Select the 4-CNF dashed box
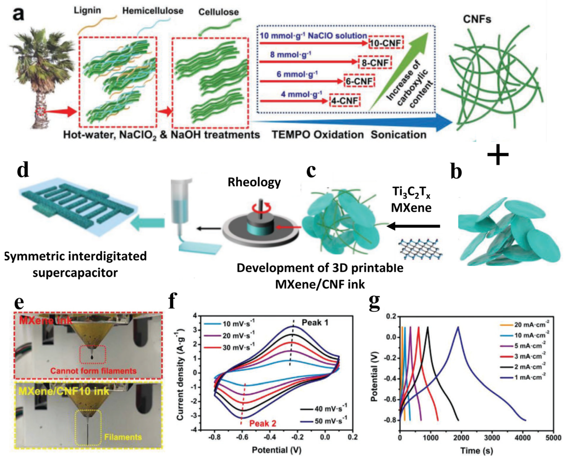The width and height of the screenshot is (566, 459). point(344,100)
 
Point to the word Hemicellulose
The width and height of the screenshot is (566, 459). point(153,11)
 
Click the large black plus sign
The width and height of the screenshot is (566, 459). point(498,155)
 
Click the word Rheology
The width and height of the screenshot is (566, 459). point(254,182)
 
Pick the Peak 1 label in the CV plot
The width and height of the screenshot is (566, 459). point(315,323)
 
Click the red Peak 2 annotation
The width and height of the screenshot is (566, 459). point(263,423)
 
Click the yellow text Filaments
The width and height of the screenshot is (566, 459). point(123,437)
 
